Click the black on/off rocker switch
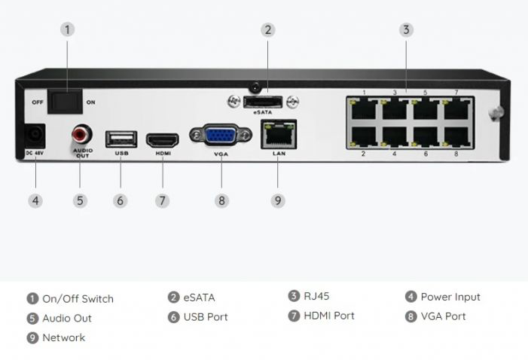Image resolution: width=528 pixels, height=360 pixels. coord(66,102)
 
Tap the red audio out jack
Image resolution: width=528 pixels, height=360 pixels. coord(81,136)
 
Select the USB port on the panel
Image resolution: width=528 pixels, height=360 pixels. coord(121,139)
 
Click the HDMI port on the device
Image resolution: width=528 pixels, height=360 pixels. coord(162,139)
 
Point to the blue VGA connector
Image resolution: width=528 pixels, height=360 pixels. coord(221,136)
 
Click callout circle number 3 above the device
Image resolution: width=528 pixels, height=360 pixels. coord(405,30)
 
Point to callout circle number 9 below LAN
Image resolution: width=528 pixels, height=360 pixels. coord(278,200)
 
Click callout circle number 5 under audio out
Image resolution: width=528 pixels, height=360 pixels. coord(81,200)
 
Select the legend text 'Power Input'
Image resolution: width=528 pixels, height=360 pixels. coord(450,297)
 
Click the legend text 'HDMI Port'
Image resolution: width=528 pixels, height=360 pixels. coord(328,316)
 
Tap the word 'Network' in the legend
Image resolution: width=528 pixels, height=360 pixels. coord(63,337)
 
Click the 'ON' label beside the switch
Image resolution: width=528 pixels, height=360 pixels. coord(91,102)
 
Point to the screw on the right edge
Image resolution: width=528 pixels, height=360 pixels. coord(495,114)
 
